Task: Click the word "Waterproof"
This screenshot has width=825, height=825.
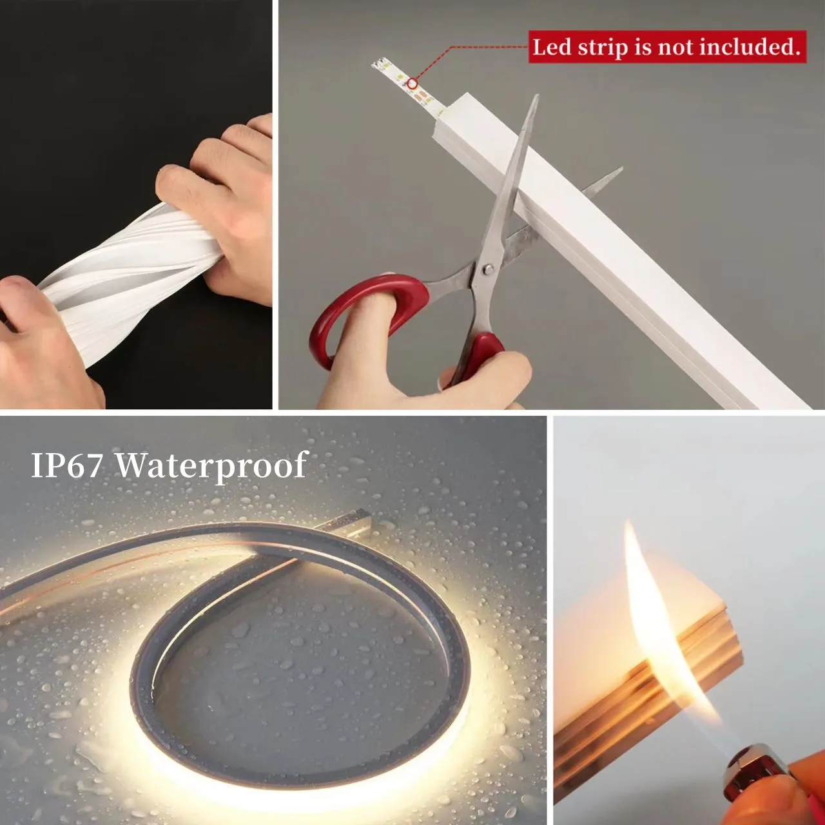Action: pyautogui.click(x=212, y=465)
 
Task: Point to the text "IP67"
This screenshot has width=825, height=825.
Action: pyautogui.click(x=67, y=465)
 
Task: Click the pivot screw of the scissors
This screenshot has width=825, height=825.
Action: pyautogui.click(x=487, y=269)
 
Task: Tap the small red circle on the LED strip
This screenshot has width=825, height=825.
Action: pyautogui.click(x=412, y=84)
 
